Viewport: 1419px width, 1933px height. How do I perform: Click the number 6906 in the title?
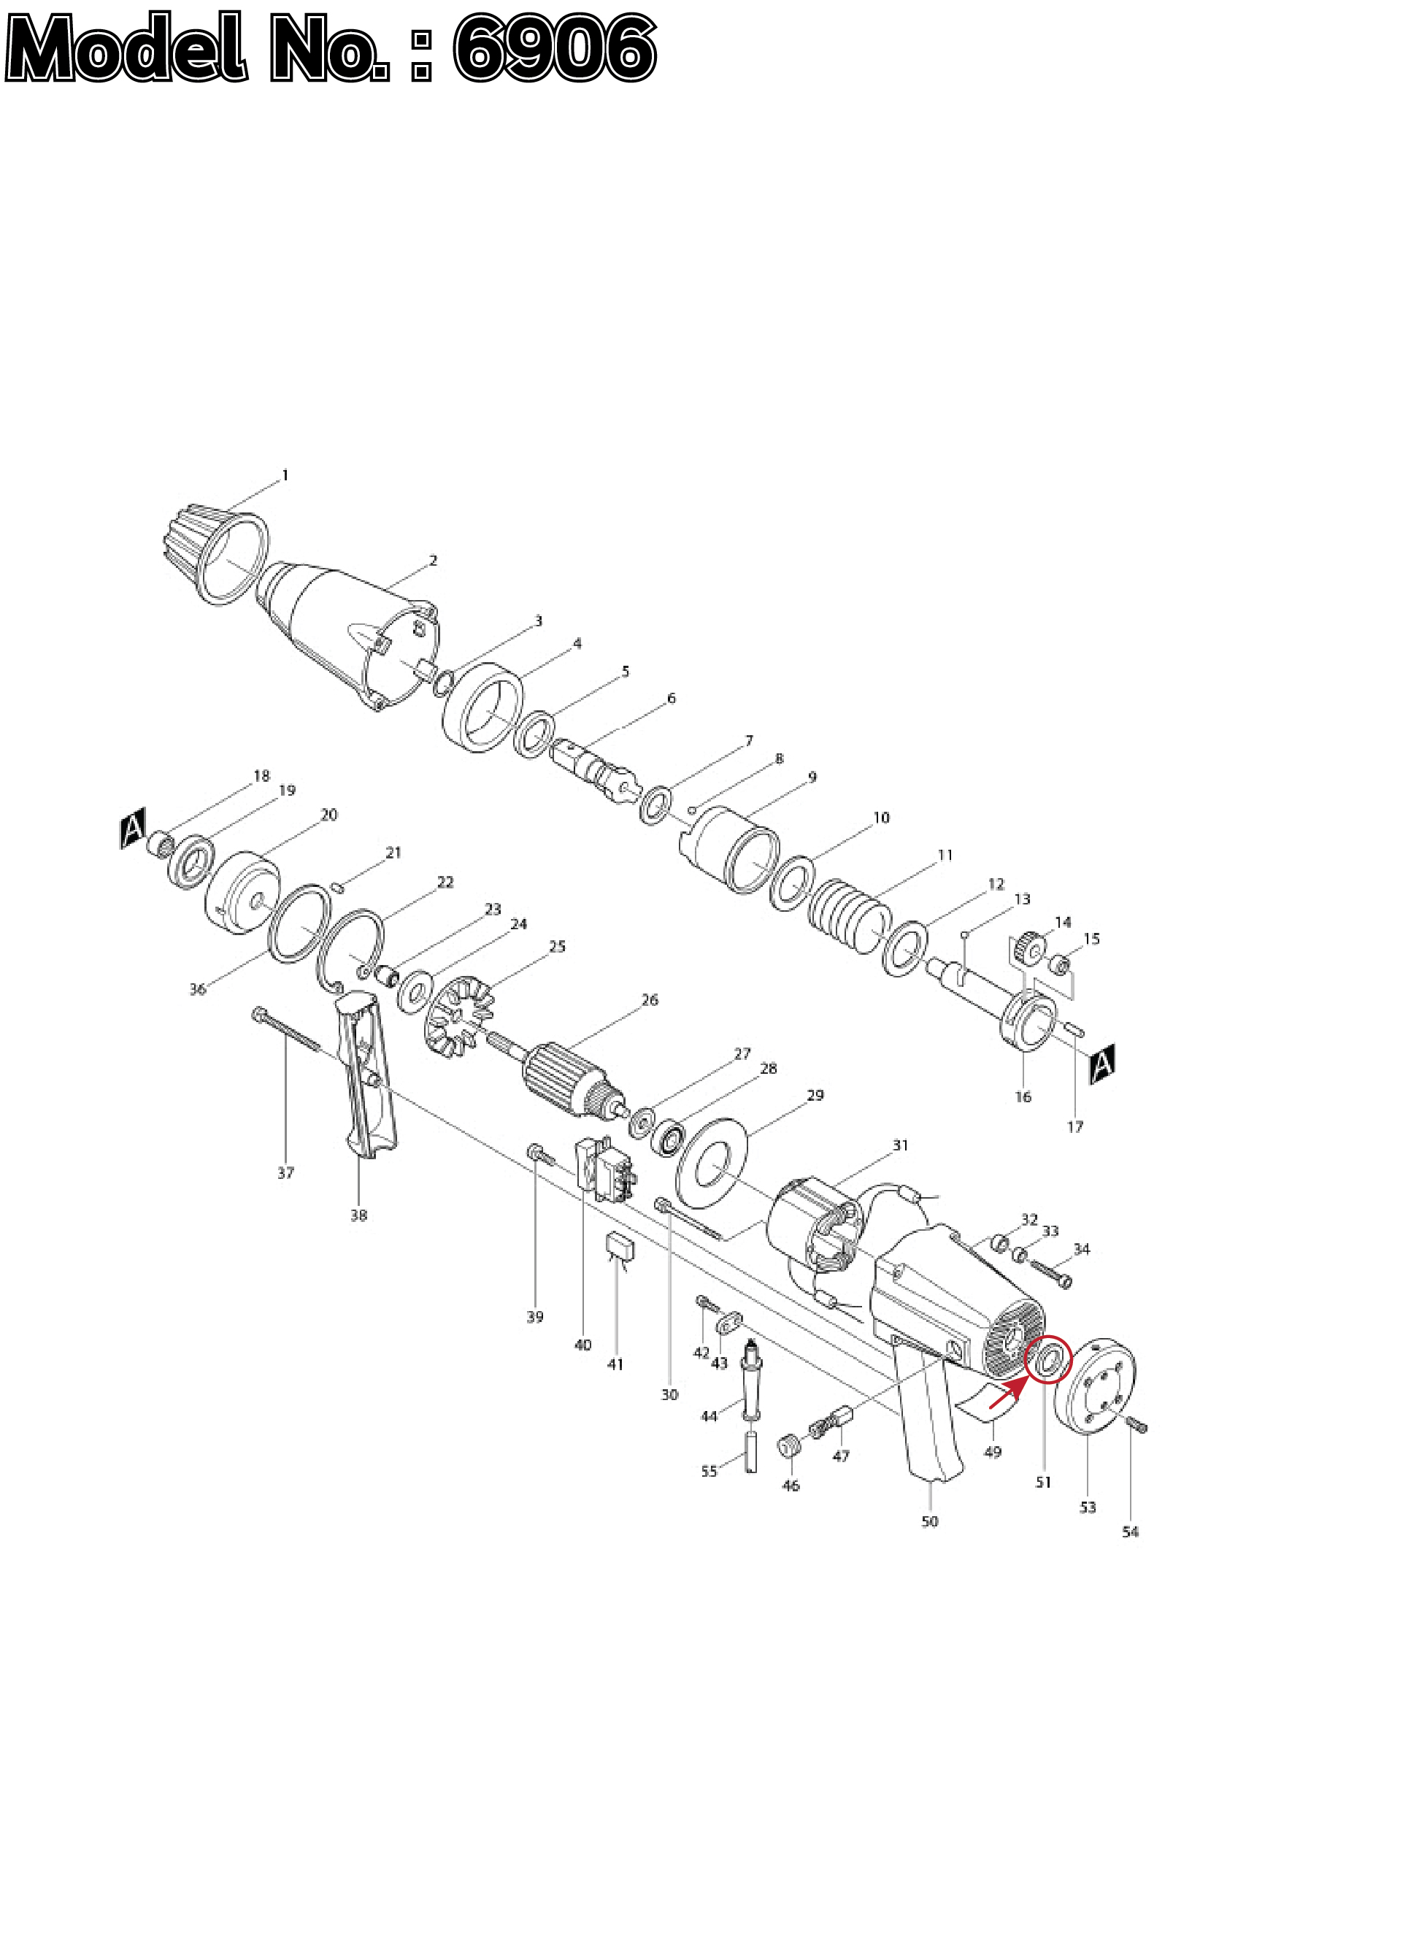pos(555,48)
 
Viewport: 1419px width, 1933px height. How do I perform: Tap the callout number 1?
pos(285,475)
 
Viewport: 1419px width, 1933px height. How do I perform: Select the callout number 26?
pos(650,1000)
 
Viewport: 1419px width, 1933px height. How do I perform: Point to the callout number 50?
pos(929,1521)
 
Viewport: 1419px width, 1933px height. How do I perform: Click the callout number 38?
pos(359,1215)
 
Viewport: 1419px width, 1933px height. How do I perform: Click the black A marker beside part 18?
pos(133,829)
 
